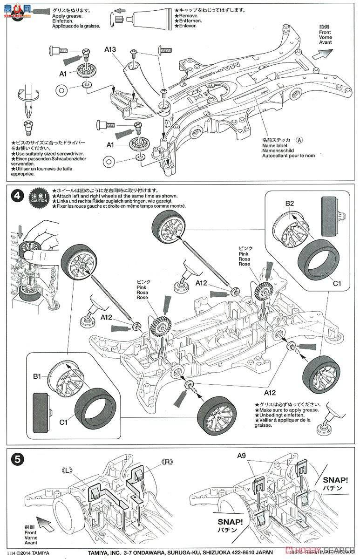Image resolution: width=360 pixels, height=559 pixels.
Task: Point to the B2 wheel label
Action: coord(289,204)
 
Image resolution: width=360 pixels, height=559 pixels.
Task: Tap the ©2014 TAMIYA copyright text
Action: coord(30,553)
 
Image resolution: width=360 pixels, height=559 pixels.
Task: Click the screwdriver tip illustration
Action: coord(27,109)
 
